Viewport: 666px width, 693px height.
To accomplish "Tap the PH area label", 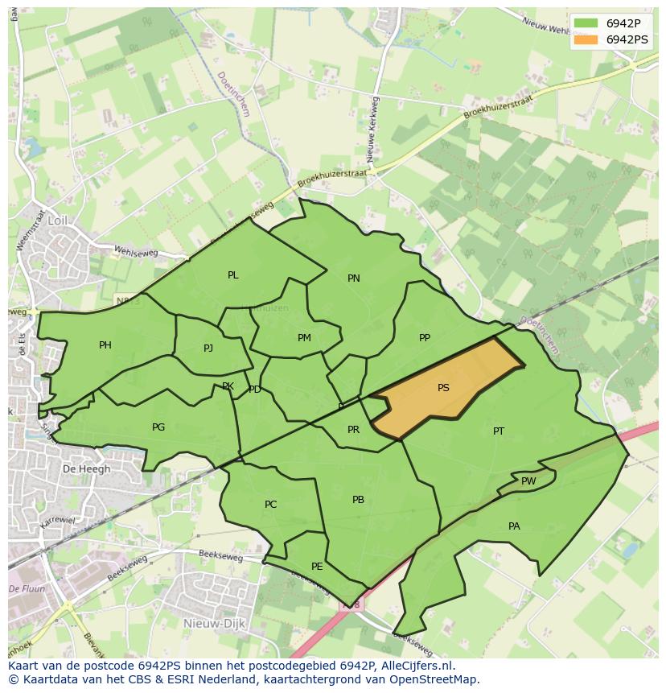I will [x=105, y=345].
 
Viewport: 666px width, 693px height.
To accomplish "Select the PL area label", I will [x=233, y=275].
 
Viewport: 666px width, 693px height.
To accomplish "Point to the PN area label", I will [x=354, y=278].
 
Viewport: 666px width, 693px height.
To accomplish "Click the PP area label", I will [x=425, y=338].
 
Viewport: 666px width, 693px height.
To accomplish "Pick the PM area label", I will [x=304, y=338].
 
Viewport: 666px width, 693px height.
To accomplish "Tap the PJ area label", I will [x=208, y=349].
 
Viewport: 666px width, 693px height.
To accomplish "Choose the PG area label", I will [x=158, y=427].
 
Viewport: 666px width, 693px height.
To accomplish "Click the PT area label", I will [x=499, y=431].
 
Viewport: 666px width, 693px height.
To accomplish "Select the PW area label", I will [x=528, y=481].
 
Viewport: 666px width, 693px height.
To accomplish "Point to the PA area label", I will [x=514, y=526].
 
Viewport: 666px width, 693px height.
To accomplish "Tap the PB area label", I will [x=359, y=500].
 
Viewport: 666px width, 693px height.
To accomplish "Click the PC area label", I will [x=271, y=505].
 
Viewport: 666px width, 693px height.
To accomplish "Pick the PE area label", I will [x=317, y=567].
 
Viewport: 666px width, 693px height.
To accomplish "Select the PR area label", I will [x=353, y=430].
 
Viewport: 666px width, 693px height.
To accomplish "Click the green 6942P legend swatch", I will [x=586, y=23].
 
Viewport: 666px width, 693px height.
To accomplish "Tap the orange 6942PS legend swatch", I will [x=586, y=39].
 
